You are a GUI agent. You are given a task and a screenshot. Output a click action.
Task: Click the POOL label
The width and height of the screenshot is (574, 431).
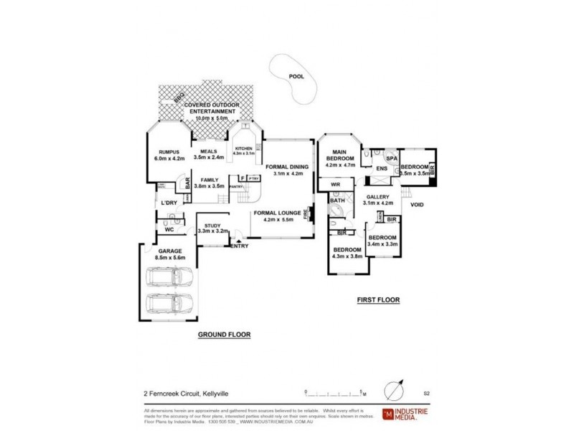pyautogui.click(x=296, y=75)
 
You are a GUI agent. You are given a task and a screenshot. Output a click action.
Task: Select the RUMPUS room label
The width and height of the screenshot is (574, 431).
pyautogui.click(x=165, y=155)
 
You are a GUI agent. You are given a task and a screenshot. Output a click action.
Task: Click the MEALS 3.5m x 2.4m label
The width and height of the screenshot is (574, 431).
pyautogui.click(x=209, y=154)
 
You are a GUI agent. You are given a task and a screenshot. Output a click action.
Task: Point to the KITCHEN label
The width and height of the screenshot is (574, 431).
pyautogui.click(x=244, y=151)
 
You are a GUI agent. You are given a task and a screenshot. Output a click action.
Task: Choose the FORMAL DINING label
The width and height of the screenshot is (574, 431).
pyautogui.click(x=286, y=170)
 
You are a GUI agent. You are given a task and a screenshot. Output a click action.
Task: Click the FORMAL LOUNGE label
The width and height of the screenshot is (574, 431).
pyautogui.click(x=276, y=217)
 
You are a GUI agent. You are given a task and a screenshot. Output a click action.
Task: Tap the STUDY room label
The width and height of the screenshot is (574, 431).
pyautogui.click(x=212, y=228)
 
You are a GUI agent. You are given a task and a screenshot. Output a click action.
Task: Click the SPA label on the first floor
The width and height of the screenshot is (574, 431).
pyautogui.click(x=392, y=158)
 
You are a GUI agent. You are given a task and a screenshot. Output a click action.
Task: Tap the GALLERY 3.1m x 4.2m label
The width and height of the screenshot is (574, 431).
pyautogui.click(x=378, y=200)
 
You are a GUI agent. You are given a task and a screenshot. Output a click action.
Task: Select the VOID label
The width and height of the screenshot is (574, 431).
pyautogui.click(x=417, y=205)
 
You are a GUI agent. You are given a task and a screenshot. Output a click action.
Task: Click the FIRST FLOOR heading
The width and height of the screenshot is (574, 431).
pyautogui.click(x=377, y=300)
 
